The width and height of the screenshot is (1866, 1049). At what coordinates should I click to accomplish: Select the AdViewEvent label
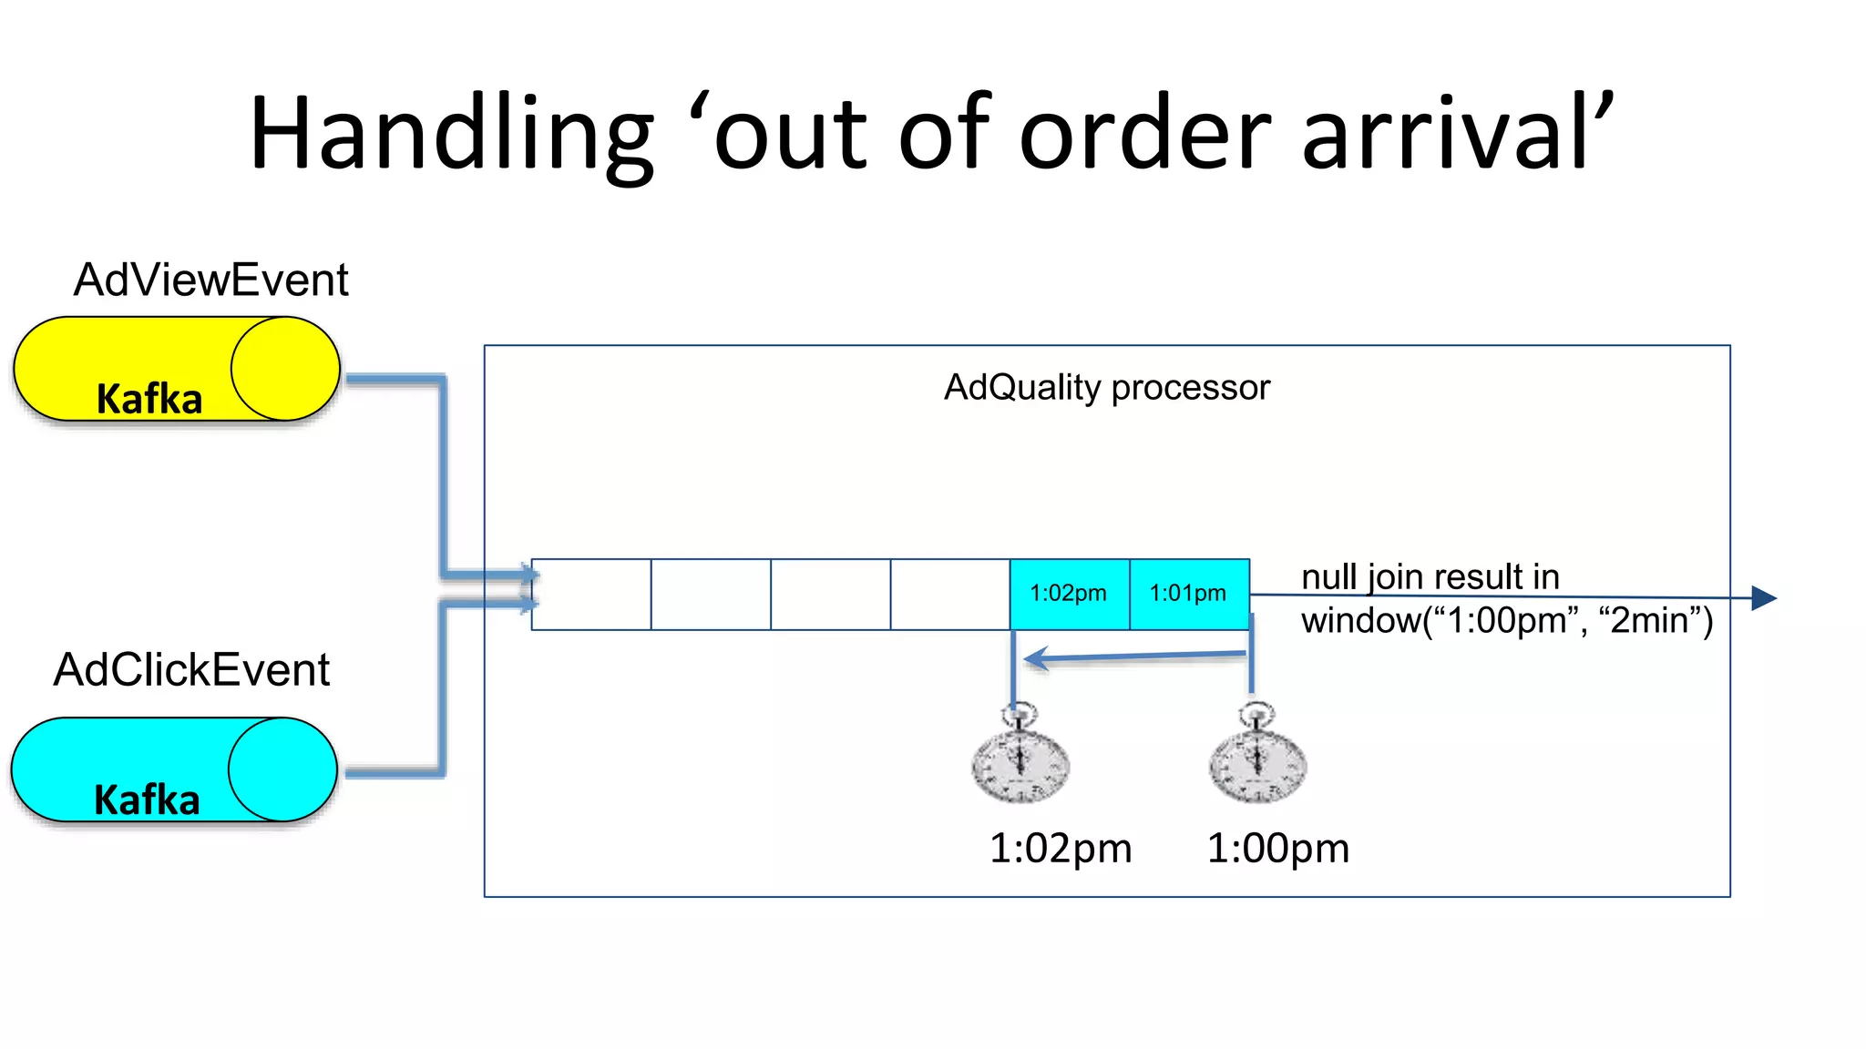pyautogui.click(x=210, y=280)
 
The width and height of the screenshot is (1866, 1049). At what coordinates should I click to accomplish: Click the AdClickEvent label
pyautogui.click(x=191, y=670)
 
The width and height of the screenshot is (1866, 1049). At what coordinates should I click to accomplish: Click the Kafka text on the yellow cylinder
pyautogui.click(x=149, y=399)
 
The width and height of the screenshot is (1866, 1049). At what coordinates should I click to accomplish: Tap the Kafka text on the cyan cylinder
pyautogui.click(x=147, y=799)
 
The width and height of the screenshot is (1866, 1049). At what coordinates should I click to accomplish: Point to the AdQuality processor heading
pyautogui.click(x=1106, y=388)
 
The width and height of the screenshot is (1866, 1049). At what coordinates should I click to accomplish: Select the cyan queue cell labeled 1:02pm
pyautogui.click(x=1069, y=594)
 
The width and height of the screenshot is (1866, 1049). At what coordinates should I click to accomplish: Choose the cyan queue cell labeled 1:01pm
pyautogui.click(x=1189, y=594)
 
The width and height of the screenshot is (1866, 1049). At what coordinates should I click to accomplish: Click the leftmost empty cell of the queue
pyautogui.click(x=591, y=594)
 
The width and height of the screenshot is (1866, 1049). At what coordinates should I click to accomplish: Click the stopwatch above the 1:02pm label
pyautogui.click(x=1020, y=756)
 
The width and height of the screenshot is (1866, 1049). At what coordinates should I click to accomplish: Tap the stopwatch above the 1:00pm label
pyautogui.click(x=1257, y=756)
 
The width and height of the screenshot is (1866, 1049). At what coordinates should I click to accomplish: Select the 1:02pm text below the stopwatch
pyautogui.click(x=1061, y=849)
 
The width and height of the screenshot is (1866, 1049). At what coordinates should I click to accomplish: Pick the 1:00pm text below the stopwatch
pyautogui.click(x=1277, y=849)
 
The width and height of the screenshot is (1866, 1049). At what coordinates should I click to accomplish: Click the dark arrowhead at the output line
pyautogui.click(x=1763, y=598)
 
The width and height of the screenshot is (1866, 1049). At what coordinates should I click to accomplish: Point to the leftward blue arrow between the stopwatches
pyautogui.click(x=1134, y=657)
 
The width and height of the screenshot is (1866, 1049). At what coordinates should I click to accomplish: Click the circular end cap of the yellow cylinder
pyautogui.click(x=284, y=369)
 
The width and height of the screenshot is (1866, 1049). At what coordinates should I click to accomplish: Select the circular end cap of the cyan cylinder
pyautogui.click(x=282, y=769)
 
